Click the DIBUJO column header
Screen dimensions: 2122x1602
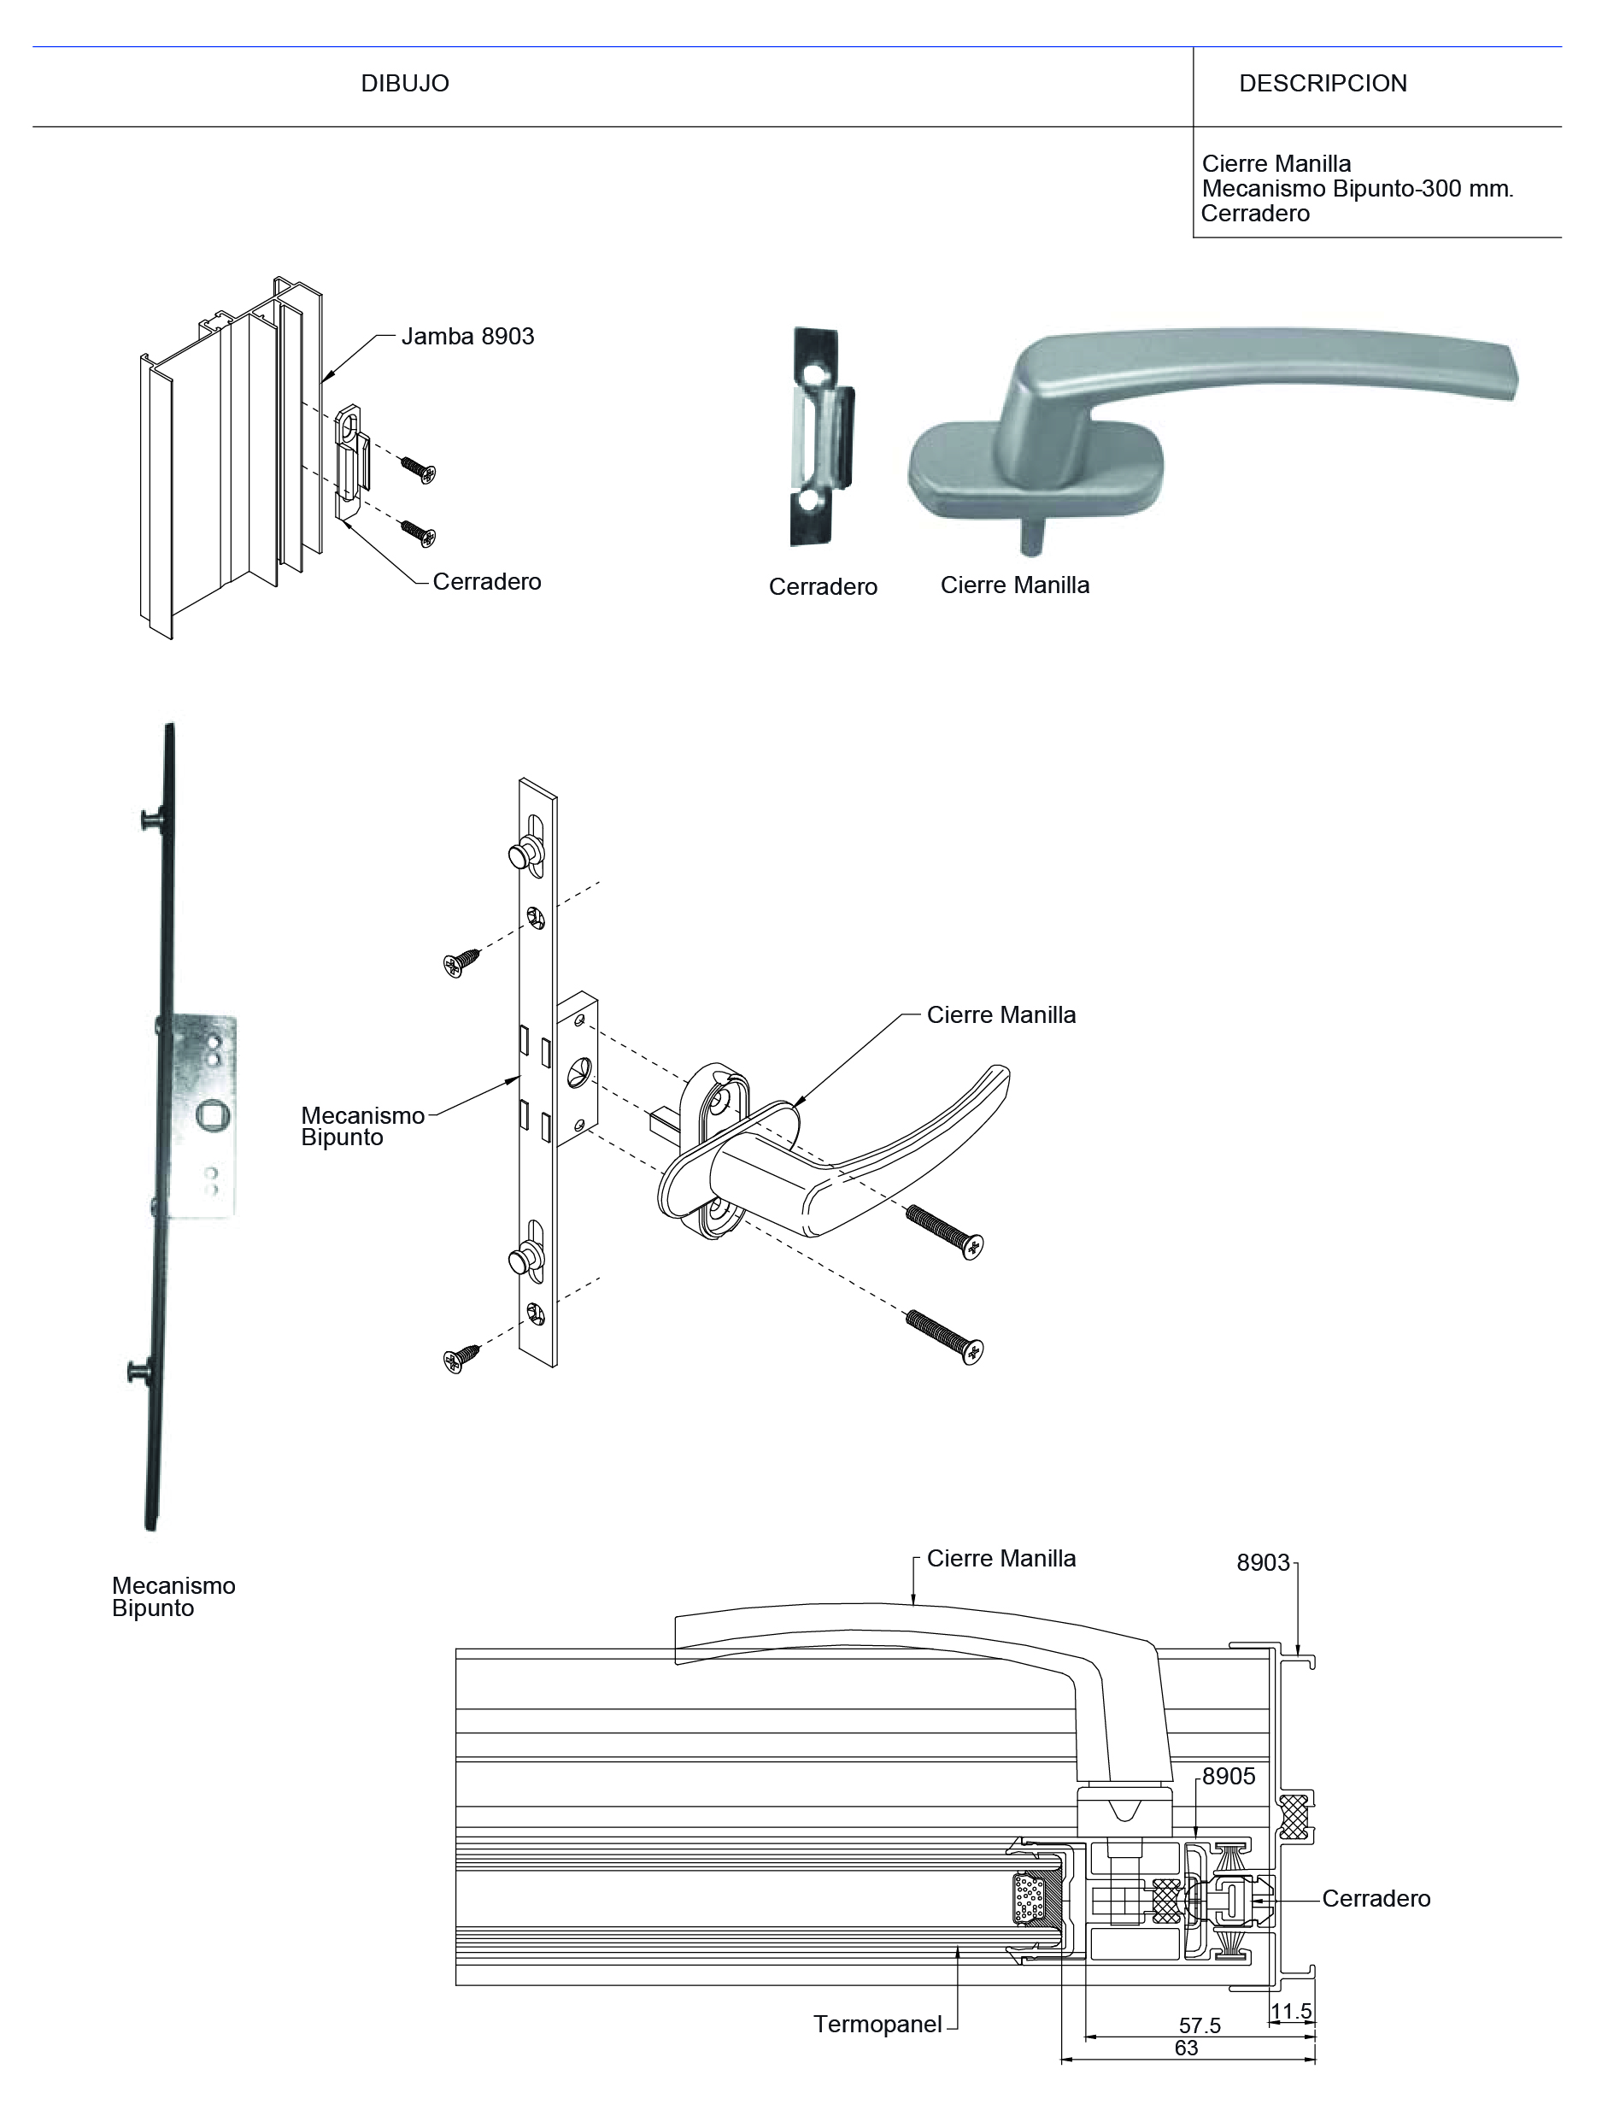pyautogui.click(x=405, y=84)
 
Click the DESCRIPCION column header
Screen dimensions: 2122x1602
pyautogui.click(x=1323, y=84)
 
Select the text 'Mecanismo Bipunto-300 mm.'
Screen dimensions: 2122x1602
pyautogui.click(x=1357, y=189)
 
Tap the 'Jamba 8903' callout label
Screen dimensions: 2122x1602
pyautogui.click(x=467, y=337)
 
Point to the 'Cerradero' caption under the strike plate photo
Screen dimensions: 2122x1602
pyautogui.click(x=823, y=587)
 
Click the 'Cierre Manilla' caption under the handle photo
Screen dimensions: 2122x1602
pyautogui.click(x=1015, y=585)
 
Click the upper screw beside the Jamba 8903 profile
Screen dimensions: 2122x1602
pyautogui.click(x=419, y=469)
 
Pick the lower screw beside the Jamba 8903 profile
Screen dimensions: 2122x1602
pyautogui.click(x=419, y=532)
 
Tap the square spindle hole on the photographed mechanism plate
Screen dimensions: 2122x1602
pyautogui.click(x=211, y=1114)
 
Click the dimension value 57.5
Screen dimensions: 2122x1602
pyautogui.click(x=1199, y=2025)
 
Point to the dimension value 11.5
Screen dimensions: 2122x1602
pyautogui.click(x=1291, y=2011)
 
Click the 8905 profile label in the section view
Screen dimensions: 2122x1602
pyautogui.click(x=1229, y=1777)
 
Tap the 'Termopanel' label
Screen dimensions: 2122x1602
pyautogui.click(x=877, y=2025)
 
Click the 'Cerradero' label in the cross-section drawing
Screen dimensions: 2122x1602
pyautogui.click(x=1376, y=1898)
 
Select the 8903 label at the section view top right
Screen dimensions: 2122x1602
pyautogui.click(x=1264, y=1563)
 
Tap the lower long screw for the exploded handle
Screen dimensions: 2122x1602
pyautogui.click(x=945, y=1337)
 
